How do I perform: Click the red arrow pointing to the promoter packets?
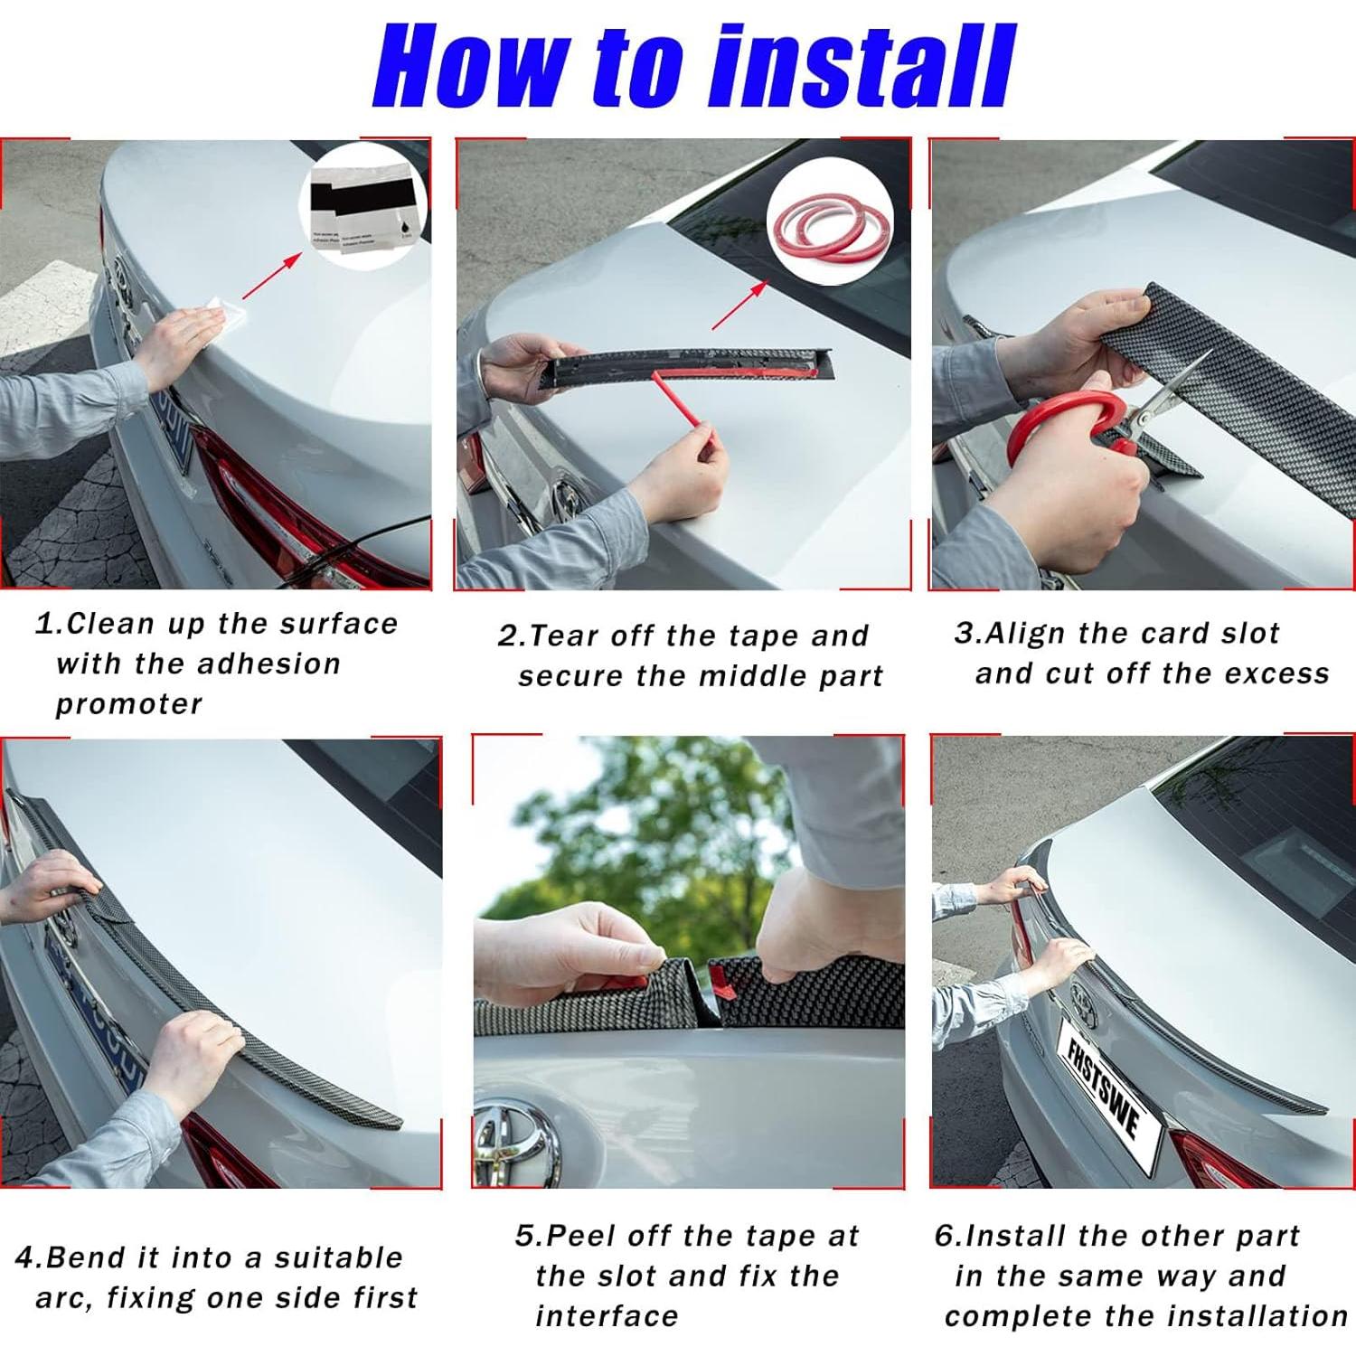(x=271, y=276)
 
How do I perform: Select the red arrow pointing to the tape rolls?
(x=739, y=305)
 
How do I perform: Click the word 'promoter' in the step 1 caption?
(x=129, y=704)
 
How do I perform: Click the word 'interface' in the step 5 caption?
(x=607, y=1316)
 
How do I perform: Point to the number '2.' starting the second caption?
(x=511, y=636)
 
